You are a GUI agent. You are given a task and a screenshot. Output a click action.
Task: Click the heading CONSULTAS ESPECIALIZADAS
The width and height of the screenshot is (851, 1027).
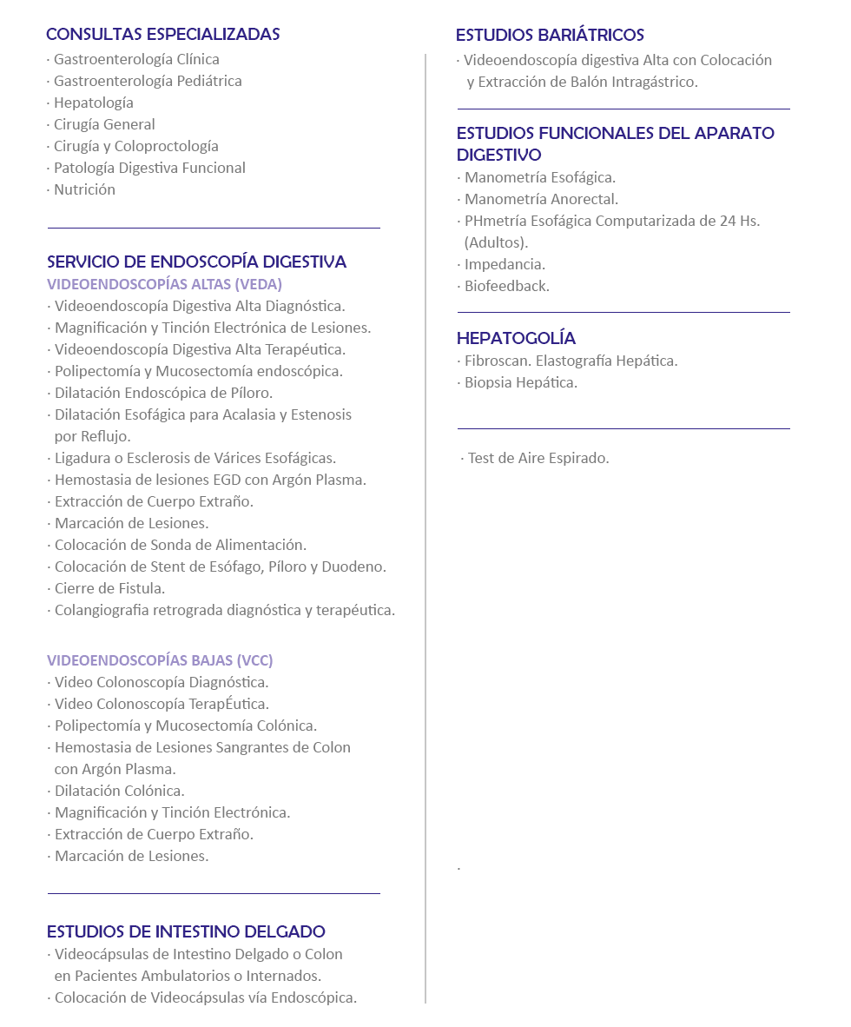point(162,35)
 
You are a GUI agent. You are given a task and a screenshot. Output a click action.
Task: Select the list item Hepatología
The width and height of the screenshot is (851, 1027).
point(93,103)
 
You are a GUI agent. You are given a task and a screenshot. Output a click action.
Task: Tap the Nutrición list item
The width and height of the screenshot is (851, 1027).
point(84,189)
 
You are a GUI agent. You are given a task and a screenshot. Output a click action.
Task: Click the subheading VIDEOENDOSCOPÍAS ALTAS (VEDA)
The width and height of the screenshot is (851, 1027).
point(164,284)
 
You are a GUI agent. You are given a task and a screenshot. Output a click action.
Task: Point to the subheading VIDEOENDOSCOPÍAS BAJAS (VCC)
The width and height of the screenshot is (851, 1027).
point(160,660)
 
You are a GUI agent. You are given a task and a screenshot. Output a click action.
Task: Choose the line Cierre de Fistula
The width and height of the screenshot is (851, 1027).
point(109,588)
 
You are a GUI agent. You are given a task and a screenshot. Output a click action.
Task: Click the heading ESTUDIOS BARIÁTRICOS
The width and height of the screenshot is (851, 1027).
point(550,36)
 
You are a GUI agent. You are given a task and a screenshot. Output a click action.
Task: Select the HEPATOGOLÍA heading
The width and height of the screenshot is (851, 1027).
point(516,339)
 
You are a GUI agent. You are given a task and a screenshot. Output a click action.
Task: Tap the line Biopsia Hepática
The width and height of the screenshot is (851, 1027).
point(520,382)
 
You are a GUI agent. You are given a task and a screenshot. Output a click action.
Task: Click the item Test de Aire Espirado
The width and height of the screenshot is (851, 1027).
point(538,458)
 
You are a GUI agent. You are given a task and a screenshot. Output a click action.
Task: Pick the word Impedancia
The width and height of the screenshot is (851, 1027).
point(505,264)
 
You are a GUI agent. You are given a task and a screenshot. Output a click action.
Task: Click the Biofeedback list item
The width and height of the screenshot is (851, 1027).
point(506,286)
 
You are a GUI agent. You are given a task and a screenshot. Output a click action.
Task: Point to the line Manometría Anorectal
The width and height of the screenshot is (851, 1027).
point(541,199)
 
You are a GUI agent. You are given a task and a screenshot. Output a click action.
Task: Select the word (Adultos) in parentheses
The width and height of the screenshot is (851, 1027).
point(496,242)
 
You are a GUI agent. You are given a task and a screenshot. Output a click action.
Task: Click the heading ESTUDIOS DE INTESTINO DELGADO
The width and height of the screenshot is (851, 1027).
point(186,932)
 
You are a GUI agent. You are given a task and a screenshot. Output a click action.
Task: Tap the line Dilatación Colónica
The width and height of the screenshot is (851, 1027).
point(119,791)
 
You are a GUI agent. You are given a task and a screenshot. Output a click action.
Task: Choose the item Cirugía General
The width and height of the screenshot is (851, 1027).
point(104,124)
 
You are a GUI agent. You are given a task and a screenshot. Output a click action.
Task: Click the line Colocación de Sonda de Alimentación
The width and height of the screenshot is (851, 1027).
point(180,545)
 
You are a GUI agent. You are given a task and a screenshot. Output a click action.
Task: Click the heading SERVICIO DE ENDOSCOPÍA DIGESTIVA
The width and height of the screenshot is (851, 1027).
point(196,262)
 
